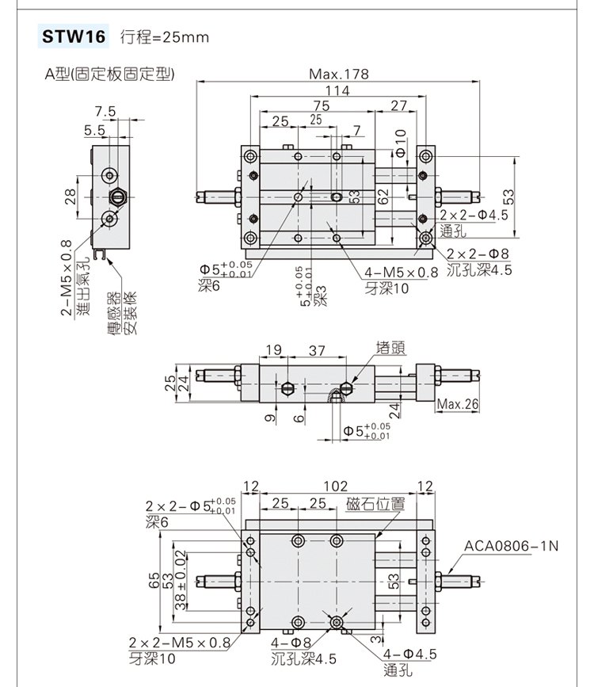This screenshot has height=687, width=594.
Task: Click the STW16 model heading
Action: tap(74, 36)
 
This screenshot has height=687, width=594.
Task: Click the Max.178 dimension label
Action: tap(338, 74)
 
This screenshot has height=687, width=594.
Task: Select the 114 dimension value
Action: tap(338, 90)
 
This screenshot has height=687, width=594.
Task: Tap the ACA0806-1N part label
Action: tap(511, 546)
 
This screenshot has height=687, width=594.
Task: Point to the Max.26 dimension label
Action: tap(459, 405)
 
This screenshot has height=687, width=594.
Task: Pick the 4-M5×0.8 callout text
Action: tap(402, 273)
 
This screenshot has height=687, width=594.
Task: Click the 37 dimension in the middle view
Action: tap(317, 349)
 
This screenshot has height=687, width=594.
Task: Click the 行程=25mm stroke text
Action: tap(164, 37)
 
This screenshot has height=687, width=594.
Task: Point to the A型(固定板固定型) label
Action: tap(109, 74)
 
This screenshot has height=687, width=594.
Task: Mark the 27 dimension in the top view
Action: tap(399, 105)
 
